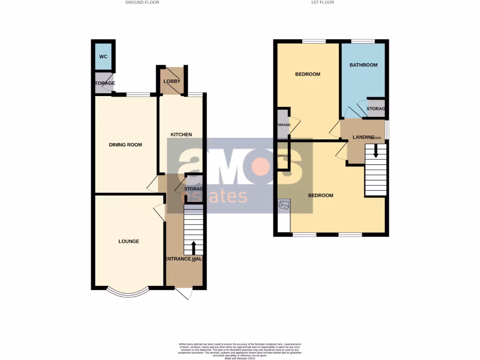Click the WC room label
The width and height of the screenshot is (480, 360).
103,57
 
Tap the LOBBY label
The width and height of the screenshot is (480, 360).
172,82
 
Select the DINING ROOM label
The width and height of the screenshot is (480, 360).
125,145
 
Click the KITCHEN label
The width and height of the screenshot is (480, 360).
181,135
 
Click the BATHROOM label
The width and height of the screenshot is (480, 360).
363,65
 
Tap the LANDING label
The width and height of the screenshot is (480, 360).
364,137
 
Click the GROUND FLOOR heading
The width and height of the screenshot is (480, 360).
142,2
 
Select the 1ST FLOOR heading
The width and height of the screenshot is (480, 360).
322,2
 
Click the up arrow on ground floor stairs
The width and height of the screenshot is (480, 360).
194,247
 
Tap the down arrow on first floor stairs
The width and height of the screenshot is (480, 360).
375,150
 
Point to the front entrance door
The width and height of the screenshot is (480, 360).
186,293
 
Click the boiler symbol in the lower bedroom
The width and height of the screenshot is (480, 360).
284,205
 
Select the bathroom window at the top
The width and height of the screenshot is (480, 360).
363,41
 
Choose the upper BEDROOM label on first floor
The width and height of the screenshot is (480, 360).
307,74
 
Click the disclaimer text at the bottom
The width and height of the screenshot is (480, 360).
240,351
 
